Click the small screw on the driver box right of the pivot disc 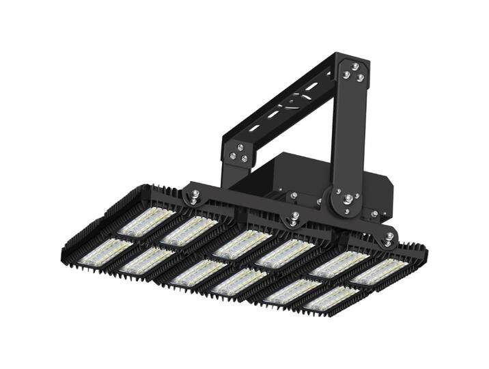coord(374,213)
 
